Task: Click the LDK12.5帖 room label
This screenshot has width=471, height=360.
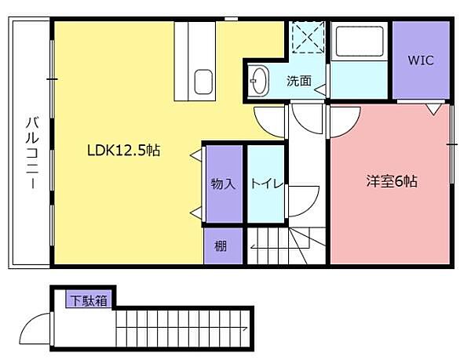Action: pyautogui.click(x=124, y=151)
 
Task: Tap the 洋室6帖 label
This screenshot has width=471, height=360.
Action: pyautogui.click(x=392, y=181)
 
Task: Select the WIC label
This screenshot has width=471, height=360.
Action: pyautogui.click(x=421, y=60)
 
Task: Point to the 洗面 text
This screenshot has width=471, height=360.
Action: pyautogui.click(x=298, y=81)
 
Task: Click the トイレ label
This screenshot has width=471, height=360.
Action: pyautogui.click(x=267, y=184)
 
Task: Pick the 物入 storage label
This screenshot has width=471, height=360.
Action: pyautogui.click(x=223, y=184)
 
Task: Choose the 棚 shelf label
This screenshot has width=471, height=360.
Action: pyautogui.click(x=221, y=246)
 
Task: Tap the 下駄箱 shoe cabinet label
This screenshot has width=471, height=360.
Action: pyautogui.click(x=89, y=300)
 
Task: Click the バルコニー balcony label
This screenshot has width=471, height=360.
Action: pyautogui.click(x=32, y=153)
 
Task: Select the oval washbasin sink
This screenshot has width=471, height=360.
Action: pyautogui.click(x=259, y=81)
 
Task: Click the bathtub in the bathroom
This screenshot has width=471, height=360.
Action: pyautogui.click(x=360, y=41)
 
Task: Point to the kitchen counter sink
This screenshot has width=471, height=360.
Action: pyautogui.click(x=203, y=82)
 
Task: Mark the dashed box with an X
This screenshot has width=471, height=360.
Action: pyautogui.click(x=309, y=37)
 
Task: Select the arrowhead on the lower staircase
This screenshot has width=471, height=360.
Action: pyautogui.click(x=245, y=328)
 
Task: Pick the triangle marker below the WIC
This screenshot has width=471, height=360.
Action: pyautogui.click(x=433, y=109)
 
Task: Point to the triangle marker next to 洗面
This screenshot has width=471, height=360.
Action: pyautogui.click(x=320, y=89)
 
